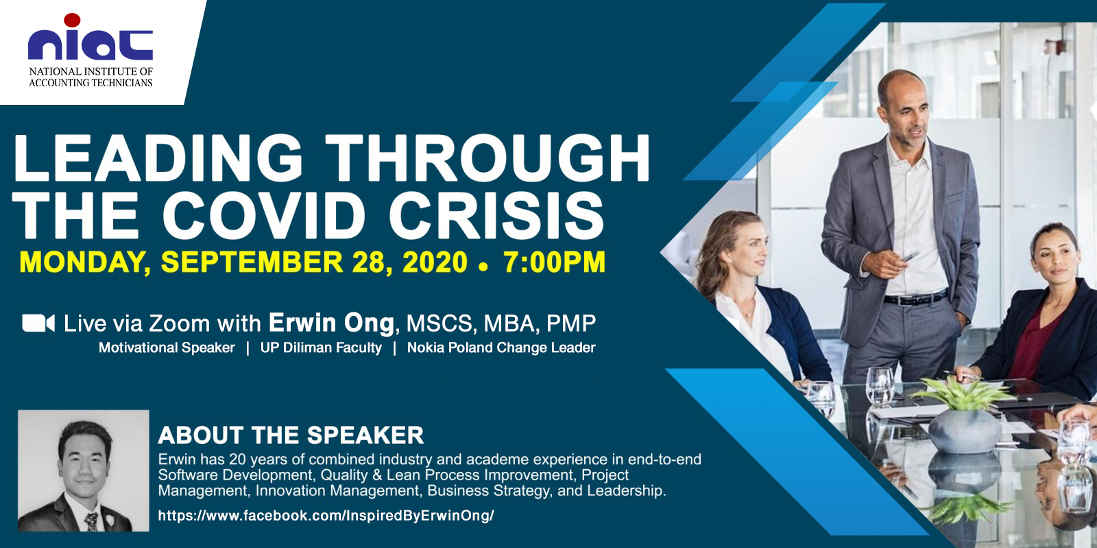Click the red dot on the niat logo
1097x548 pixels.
tap(72, 20)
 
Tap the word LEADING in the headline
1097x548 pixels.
tap(158, 158)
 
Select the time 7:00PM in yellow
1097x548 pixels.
tap(554, 262)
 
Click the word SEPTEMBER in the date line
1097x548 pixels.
tap(252, 262)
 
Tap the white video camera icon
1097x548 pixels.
tap(38, 323)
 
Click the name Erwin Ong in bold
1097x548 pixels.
tap(331, 323)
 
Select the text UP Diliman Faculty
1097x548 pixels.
tap(321, 347)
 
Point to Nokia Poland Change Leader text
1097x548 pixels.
tap(501, 347)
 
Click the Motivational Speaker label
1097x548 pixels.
tap(167, 347)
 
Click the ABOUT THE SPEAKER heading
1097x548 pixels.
tap(291, 435)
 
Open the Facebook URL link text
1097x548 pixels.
tap(326, 516)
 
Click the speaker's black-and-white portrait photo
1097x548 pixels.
tap(83, 471)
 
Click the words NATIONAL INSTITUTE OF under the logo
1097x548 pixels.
tap(91, 71)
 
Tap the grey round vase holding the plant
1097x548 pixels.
tap(964, 431)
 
